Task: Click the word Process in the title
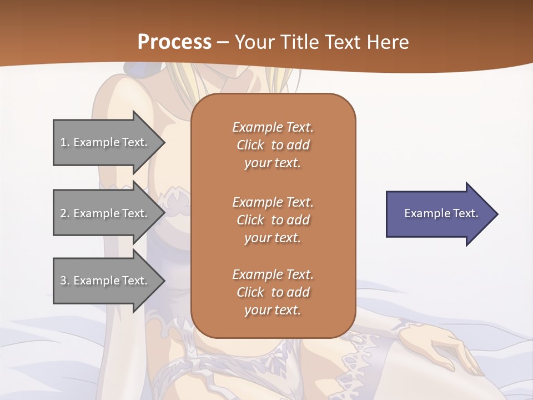tap(174, 42)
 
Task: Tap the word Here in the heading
tap(388, 42)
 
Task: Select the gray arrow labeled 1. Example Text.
tap(105, 142)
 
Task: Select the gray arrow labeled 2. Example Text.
tap(105, 213)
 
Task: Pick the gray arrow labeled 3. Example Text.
tap(105, 281)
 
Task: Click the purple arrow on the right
tap(439, 214)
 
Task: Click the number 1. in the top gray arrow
tap(64, 142)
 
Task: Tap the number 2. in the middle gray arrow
tap(64, 213)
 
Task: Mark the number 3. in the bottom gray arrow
tap(64, 281)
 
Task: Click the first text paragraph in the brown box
tap(273, 145)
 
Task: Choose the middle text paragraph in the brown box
tap(273, 219)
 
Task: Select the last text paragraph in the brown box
tap(273, 292)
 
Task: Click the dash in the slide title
tap(223, 42)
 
